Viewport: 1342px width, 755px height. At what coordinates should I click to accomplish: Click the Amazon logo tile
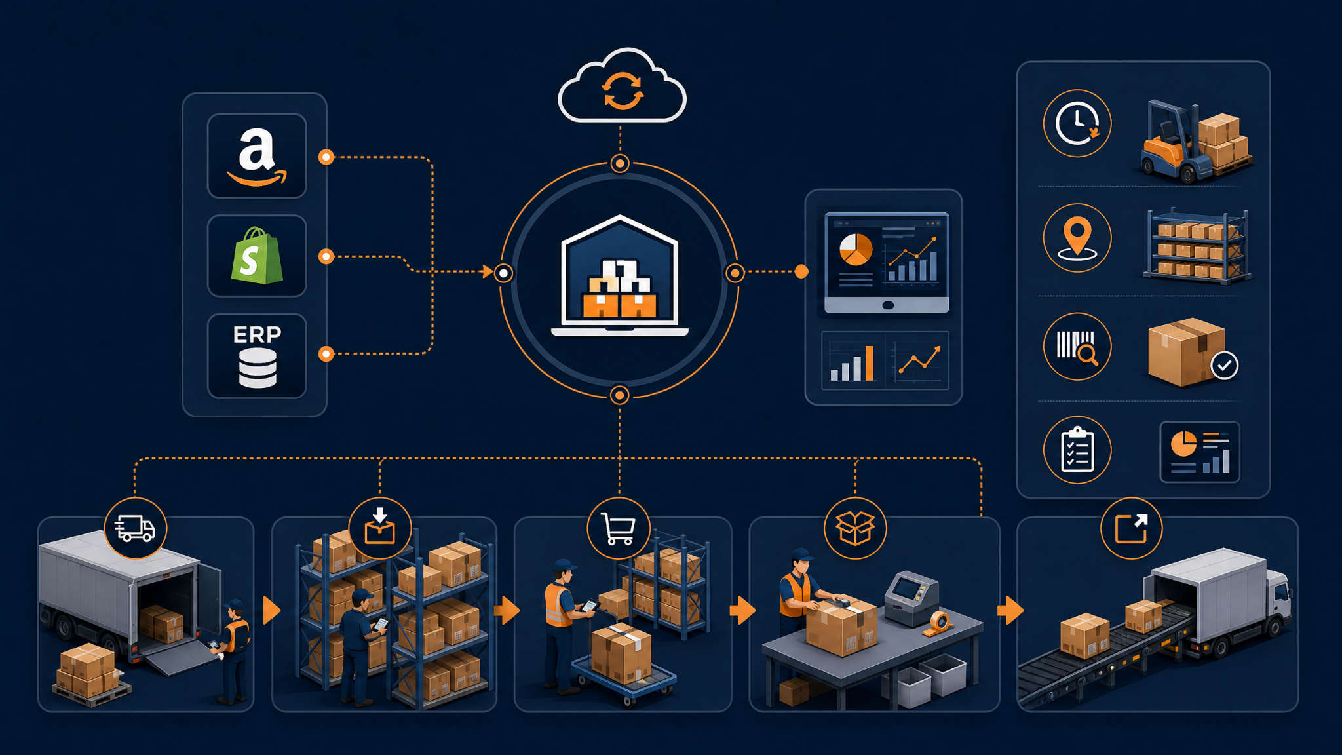pos(257,156)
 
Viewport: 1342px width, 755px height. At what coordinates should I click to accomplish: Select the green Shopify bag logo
pos(257,256)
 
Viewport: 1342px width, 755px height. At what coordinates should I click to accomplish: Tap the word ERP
pos(257,335)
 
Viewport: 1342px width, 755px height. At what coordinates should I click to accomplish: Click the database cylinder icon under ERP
pos(258,368)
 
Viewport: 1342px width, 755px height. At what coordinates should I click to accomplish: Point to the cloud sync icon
pos(622,85)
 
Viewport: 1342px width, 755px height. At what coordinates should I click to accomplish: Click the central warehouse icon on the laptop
pos(620,275)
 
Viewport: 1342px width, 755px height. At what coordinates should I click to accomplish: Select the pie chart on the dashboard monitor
pos(856,250)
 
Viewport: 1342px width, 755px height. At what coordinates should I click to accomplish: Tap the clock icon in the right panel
pos(1077,123)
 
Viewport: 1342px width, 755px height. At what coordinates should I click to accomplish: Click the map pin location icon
pos(1077,238)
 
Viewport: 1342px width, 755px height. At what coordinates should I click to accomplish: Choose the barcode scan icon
pos(1077,347)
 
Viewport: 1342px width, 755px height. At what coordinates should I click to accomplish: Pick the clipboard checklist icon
pos(1077,450)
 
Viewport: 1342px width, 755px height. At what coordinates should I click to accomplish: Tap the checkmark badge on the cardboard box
pos(1225,366)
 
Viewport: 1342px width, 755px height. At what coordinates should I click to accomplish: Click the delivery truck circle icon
pos(136,528)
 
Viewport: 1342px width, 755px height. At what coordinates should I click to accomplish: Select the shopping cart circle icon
pos(619,528)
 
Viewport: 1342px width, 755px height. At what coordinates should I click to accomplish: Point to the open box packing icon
pos(855,528)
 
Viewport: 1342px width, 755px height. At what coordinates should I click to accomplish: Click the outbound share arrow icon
pos(1131,528)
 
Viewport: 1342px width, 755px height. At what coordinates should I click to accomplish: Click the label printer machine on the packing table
pos(911,598)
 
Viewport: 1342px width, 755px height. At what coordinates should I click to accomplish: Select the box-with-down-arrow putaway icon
pos(380,528)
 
